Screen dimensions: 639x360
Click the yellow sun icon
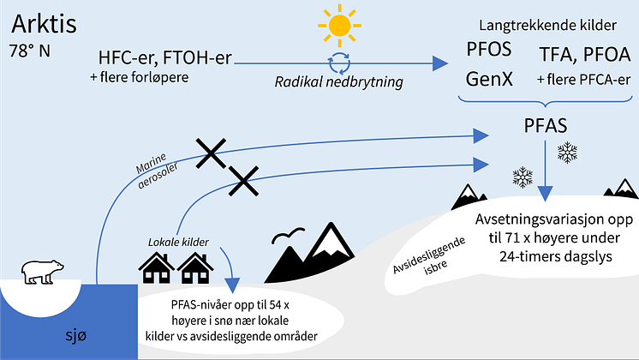click(339, 25)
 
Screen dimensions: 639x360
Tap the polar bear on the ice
click(42, 272)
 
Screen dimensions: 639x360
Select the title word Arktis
click(44, 24)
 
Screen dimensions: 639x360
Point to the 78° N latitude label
click(30, 51)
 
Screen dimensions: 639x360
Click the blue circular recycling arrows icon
click(339, 63)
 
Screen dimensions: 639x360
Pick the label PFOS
click(488, 49)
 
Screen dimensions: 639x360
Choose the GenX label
click(489, 79)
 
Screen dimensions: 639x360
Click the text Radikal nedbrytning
click(338, 82)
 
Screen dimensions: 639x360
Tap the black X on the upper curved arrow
click(211, 153)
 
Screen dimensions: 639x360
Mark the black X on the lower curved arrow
click(244, 181)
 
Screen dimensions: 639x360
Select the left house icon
click(156, 268)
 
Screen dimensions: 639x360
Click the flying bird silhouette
click(288, 235)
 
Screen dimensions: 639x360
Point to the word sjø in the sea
click(76, 335)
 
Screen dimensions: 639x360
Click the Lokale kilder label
click(178, 243)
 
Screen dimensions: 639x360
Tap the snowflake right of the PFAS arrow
click(567, 153)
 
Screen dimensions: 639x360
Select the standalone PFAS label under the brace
click(546, 126)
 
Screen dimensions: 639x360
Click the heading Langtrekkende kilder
click(547, 25)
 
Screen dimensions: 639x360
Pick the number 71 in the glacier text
click(514, 237)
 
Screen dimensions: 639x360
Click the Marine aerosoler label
click(156, 170)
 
